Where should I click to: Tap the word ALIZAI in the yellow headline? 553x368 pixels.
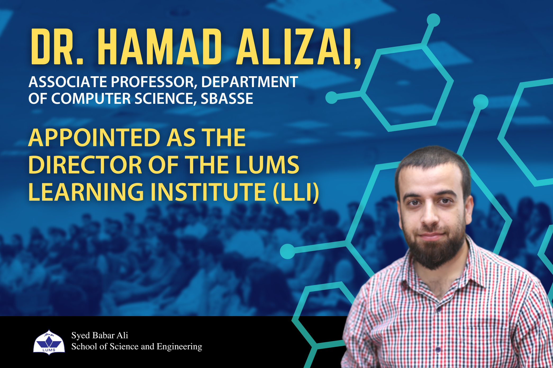click(x=292, y=47)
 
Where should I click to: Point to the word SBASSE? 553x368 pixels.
click(x=227, y=98)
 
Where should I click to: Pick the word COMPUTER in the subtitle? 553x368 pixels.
click(x=91, y=98)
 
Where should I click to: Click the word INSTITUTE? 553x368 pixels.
click(x=208, y=192)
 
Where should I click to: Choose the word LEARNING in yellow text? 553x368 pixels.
click(x=86, y=192)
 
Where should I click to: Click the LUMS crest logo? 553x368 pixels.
click(x=49, y=342)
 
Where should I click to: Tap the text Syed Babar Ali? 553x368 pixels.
click(x=99, y=335)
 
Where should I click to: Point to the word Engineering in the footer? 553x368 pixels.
click(x=179, y=347)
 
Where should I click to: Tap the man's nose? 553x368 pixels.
click(x=430, y=217)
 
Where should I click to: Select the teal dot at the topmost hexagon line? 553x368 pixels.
click(x=433, y=20)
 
